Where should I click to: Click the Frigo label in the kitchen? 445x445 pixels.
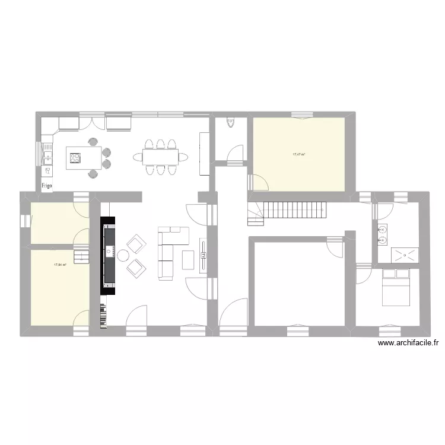[47, 186]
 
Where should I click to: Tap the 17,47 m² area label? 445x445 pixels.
[298, 154]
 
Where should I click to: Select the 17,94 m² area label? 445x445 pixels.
[60, 265]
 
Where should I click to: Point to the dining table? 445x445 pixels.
[160, 157]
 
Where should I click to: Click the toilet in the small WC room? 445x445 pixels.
[230, 123]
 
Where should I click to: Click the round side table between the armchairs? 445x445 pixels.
[123, 256]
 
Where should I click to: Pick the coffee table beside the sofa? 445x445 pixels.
[188, 259]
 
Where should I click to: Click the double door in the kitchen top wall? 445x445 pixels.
[93, 122]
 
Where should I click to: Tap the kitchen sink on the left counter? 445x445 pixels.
[47, 157]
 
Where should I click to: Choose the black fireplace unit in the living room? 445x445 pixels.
[109, 255]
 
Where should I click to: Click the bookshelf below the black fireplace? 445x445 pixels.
[104, 316]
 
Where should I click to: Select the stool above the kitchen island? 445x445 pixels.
[93, 142]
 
